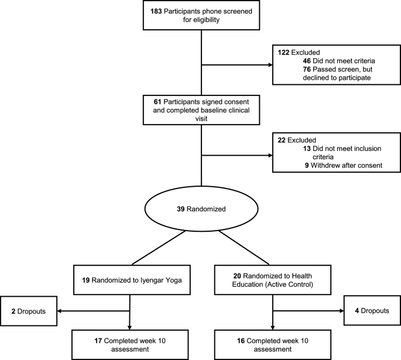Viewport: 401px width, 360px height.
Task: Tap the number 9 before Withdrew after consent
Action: click(x=307, y=166)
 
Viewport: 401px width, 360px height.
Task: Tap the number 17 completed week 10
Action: click(x=83, y=340)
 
